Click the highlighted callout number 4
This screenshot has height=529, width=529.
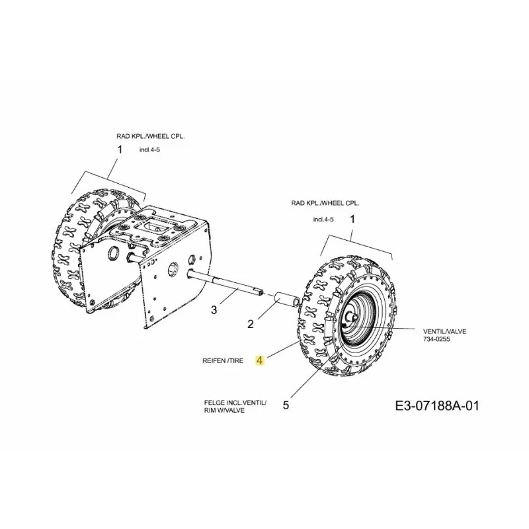[x=260, y=360]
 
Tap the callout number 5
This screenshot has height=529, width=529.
[x=286, y=405]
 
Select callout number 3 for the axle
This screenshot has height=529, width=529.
[x=214, y=309]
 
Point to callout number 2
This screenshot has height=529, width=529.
[x=251, y=324]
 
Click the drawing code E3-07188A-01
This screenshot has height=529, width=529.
[x=437, y=406]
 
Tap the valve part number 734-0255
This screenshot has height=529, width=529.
[x=436, y=339]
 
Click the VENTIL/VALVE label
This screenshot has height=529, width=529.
[x=444, y=332]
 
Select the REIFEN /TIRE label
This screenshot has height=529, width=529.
[x=223, y=360]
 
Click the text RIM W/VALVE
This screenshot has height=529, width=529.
[x=224, y=411]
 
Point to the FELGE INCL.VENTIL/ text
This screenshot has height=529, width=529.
[x=235, y=403]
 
